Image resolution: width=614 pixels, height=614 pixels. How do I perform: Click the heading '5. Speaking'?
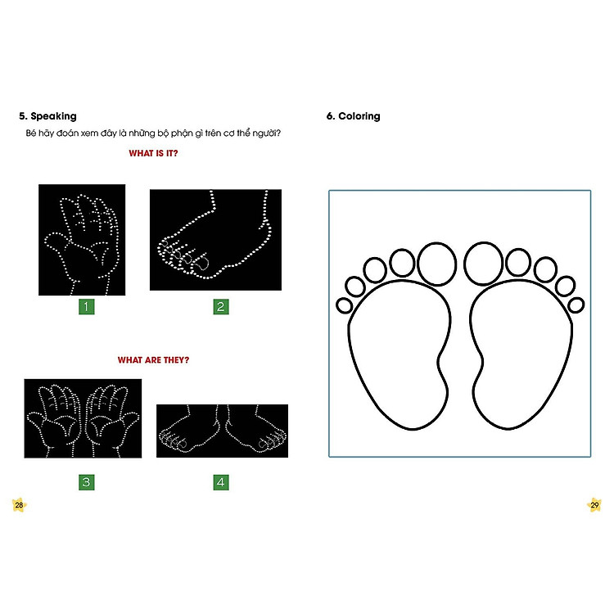[47, 116]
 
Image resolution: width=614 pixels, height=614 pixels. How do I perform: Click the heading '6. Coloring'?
[353, 116]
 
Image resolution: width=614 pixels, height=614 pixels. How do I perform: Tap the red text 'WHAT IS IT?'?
[153, 153]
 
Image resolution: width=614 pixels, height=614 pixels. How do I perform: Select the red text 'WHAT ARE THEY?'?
[153, 360]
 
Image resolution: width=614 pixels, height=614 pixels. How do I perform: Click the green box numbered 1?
[87, 307]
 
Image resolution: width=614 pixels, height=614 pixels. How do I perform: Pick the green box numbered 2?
[221, 307]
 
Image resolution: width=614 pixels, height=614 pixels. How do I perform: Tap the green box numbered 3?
[87, 482]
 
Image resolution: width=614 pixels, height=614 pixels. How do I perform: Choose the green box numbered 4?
[221, 482]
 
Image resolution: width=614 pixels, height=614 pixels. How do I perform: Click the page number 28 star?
[19, 505]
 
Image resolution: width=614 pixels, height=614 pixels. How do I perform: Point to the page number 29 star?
[594, 505]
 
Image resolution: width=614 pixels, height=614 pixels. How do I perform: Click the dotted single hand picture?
[82, 240]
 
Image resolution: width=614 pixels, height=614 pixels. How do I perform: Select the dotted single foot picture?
[215, 240]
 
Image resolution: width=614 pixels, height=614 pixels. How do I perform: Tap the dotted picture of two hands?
[83, 418]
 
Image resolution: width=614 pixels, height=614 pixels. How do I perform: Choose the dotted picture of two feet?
[222, 431]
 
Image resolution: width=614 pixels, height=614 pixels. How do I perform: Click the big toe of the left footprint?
[436, 264]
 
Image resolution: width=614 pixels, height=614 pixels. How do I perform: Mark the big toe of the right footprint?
[483, 263]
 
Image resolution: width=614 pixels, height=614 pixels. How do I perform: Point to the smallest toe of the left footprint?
[344, 305]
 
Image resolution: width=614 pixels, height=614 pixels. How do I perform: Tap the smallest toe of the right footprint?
[576, 305]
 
